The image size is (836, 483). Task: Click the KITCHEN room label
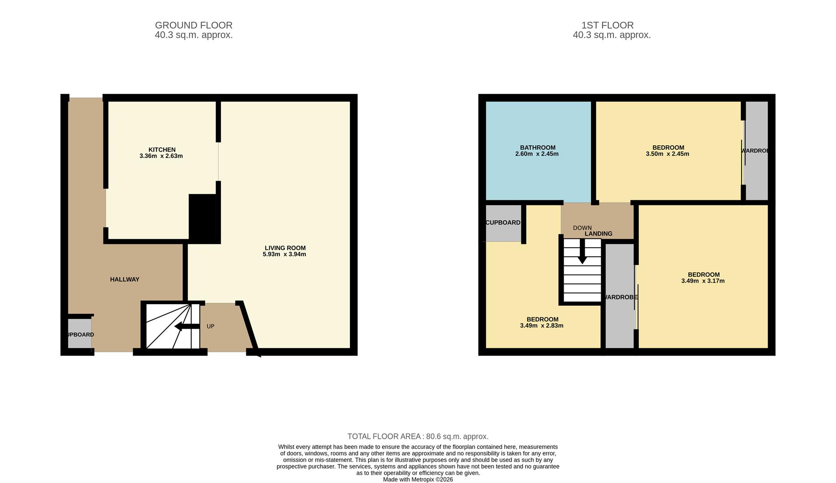pos(162,150)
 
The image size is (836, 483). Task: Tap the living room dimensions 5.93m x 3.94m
pos(284,254)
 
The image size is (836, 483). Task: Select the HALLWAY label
pos(125,280)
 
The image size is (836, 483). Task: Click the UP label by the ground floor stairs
pos(211,326)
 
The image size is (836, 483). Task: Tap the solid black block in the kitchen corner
pos(203,218)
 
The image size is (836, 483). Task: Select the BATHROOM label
pos(537,148)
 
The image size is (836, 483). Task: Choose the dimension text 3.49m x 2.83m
pos(541,326)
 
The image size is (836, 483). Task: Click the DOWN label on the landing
pos(582,228)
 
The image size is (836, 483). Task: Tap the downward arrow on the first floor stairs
pos(582,253)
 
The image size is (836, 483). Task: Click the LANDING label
pos(598,234)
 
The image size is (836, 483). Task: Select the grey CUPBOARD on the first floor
pos(503,223)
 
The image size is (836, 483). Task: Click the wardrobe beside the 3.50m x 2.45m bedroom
pos(756,151)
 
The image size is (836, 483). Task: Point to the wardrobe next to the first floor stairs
pos(619,297)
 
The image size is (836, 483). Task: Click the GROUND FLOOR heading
pos(194,25)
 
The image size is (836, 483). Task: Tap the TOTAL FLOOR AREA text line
pos(418,436)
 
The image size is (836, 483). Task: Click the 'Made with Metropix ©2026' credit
pos(418,479)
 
